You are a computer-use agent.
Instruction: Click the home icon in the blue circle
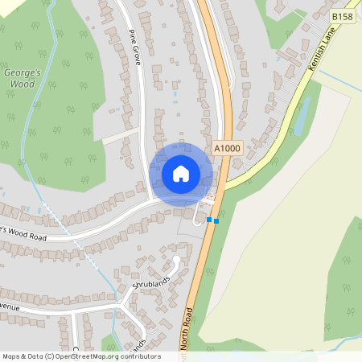(181, 173)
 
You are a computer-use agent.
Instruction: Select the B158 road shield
(342, 16)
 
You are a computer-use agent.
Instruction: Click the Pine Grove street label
(134, 48)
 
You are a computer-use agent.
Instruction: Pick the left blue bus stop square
(209, 219)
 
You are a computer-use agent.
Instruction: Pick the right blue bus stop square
(216, 220)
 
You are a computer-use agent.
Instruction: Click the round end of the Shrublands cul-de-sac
(176, 260)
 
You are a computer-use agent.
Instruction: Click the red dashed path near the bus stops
(211, 195)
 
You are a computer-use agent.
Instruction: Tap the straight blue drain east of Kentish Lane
(338, 80)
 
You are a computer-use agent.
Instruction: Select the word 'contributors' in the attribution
(138, 356)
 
